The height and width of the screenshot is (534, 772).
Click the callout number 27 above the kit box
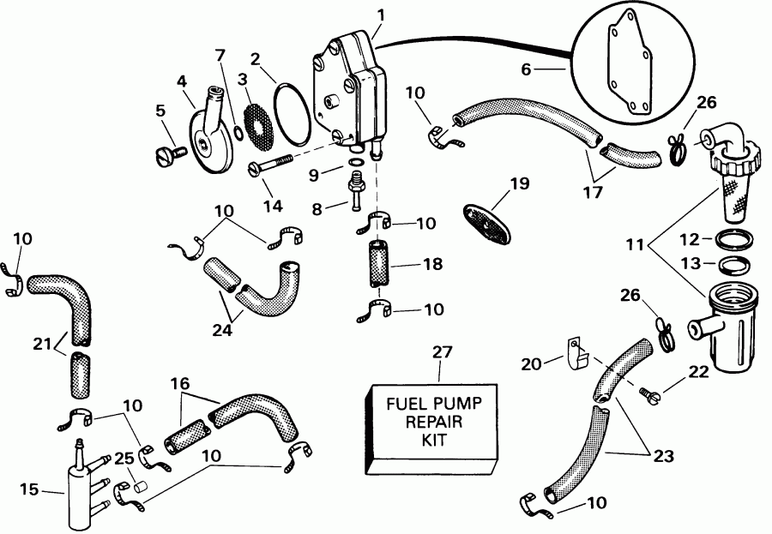(x=440, y=352)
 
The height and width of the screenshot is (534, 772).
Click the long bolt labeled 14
(x=273, y=165)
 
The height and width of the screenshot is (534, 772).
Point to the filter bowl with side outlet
(x=727, y=329)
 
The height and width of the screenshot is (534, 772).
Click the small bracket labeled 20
(x=577, y=350)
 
